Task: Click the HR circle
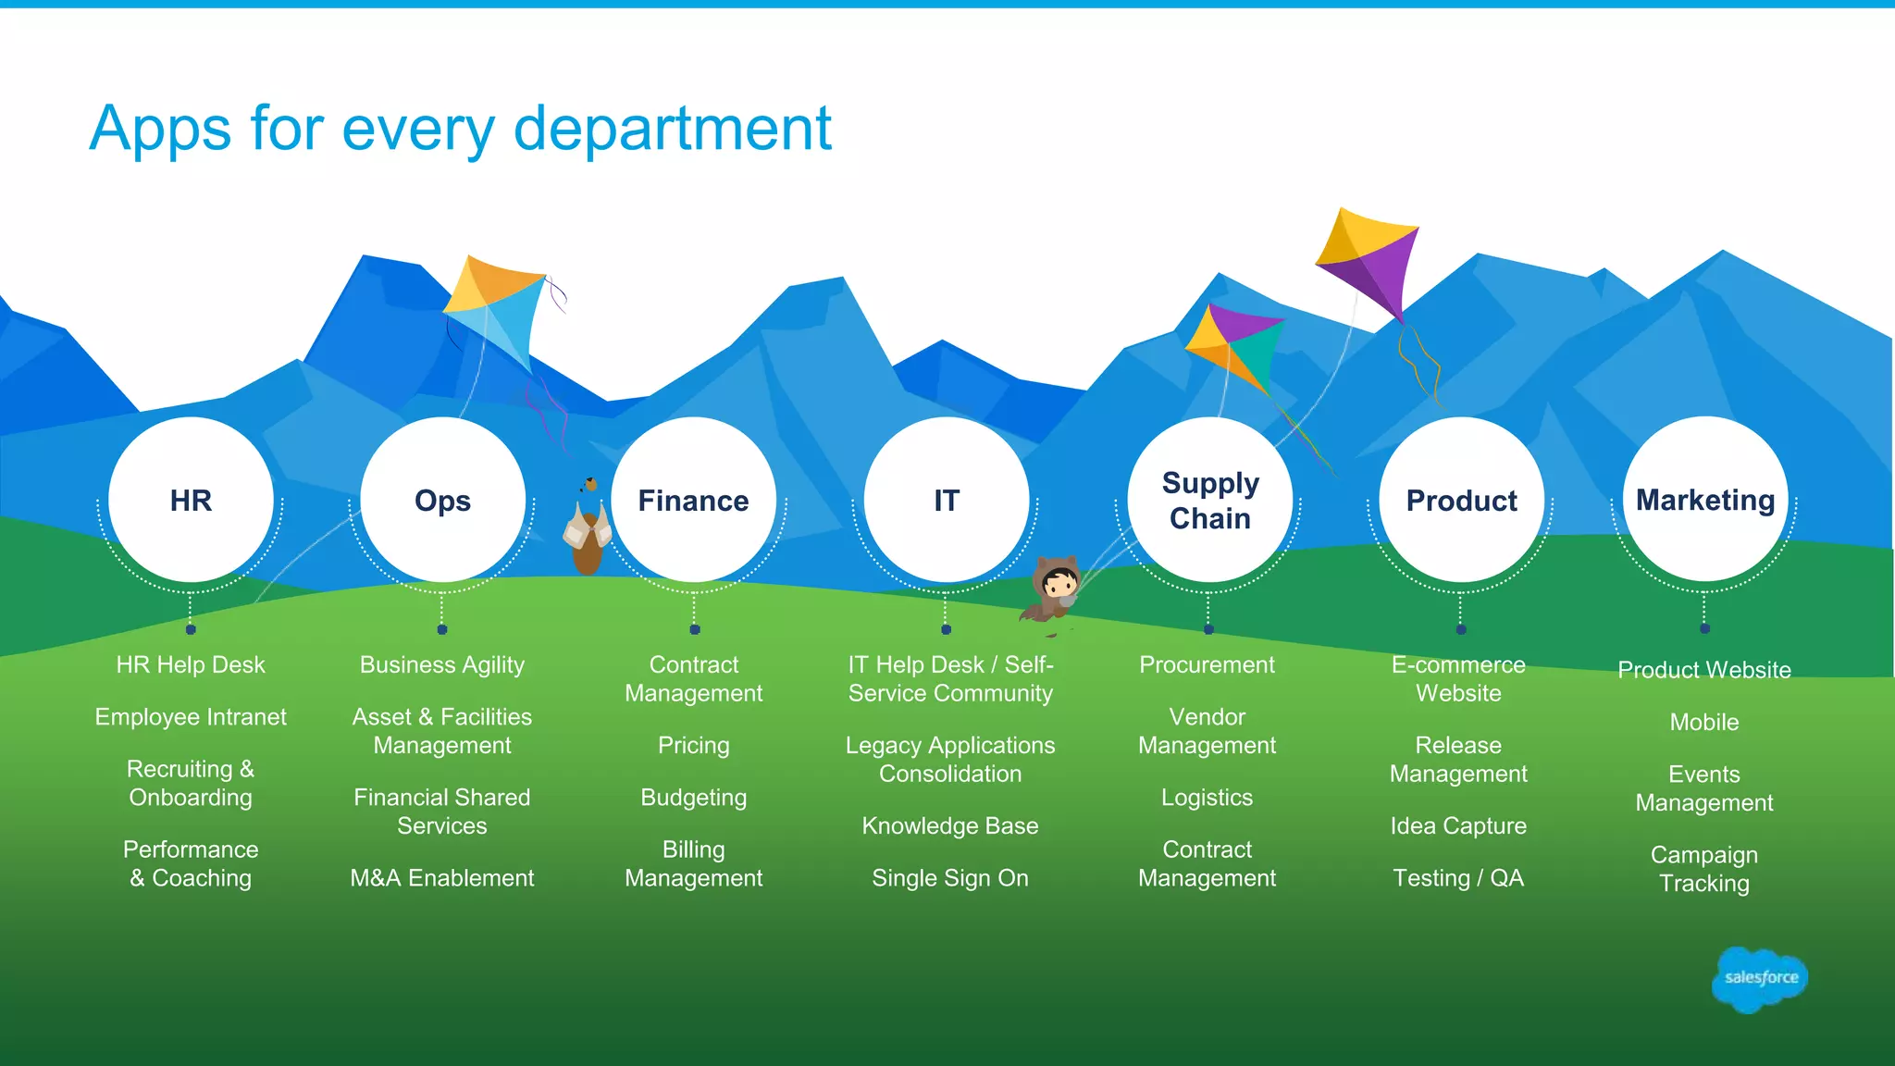click(191, 500)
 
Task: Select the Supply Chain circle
click(1209, 500)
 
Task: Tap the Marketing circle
click(1704, 500)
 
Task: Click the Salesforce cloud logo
click(1760, 978)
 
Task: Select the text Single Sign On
click(949, 878)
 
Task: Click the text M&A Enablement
click(441, 878)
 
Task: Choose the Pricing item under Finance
click(693, 746)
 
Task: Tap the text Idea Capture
click(1458, 826)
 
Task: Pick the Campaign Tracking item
click(1703, 869)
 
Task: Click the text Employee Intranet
click(191, 717)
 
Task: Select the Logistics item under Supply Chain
click(1207, 798)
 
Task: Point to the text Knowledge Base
click(949, 826)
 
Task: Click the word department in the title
click(673, 130)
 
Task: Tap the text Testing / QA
click(1458, 878)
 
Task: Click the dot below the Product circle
click(1461, 629)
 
